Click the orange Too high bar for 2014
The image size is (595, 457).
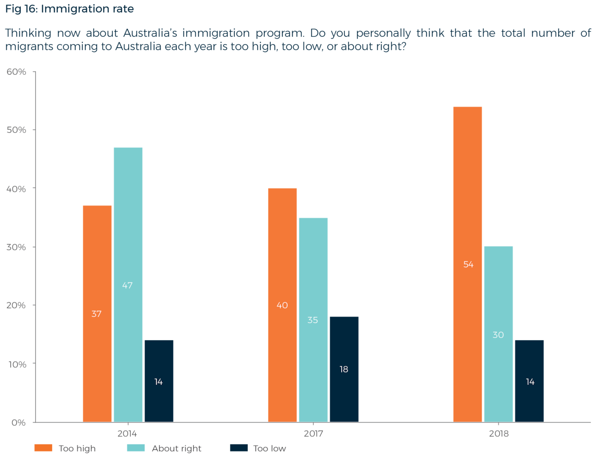tap(97, 313)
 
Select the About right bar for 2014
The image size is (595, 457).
tap(128, 284)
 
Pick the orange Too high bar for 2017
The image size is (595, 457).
tap(282, 305)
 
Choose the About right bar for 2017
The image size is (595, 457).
tap(313, 319)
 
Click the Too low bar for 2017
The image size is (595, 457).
tap(344, 369)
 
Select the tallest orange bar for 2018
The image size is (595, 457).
tap(468, 264)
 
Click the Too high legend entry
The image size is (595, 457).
tap(65, 449)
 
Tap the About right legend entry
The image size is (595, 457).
tap(165, 449)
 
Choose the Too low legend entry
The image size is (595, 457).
tap(258, 449)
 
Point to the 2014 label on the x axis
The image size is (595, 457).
tap(127, 434)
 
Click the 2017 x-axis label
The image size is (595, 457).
tap(313, 434)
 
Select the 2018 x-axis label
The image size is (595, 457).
tap(499, 434)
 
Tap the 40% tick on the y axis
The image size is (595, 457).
tap(16, 189)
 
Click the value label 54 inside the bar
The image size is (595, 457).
tap(468, 265)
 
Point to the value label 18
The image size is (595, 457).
tap(344, 370)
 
